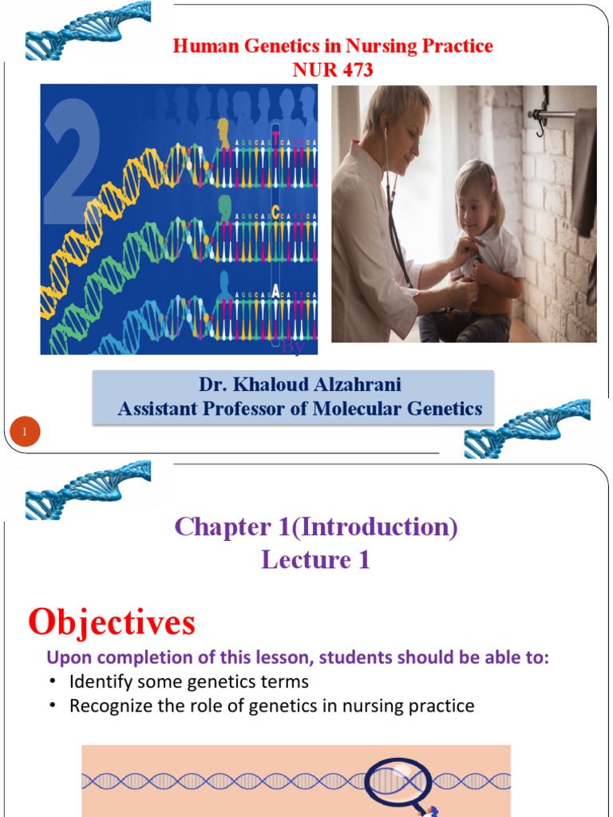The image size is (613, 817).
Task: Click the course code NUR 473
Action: (333, 70)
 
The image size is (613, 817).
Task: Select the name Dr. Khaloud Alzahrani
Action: (300, 385)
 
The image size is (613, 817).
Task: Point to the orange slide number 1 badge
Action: (25, 432)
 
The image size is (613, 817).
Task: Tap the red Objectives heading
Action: (111, 622)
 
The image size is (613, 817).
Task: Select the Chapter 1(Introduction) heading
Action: (316, 527)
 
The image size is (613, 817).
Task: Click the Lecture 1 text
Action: (316, 560)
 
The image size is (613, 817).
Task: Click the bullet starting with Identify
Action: (188, 682)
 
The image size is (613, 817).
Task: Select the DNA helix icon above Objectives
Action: (88, 487)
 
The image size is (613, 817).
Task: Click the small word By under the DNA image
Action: (294, 348)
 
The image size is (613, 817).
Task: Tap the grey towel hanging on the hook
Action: (585, 172)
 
